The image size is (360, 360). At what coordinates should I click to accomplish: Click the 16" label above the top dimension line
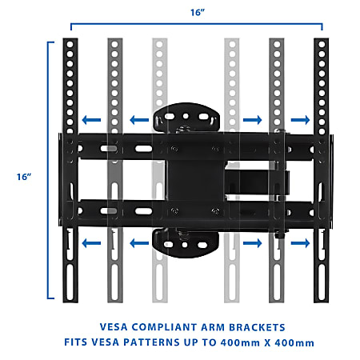[x=198, y=12]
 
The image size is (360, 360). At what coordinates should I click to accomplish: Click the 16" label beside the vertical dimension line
[x=24, y=177]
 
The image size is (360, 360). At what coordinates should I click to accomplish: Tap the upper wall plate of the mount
[x=186, y=117]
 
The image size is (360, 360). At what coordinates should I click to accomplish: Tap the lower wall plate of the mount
[x=186, y=244]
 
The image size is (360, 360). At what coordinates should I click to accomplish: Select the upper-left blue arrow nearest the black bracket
[x=91, y=120]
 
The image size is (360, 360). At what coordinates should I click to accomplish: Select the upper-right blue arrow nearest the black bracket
[x=300, y=120]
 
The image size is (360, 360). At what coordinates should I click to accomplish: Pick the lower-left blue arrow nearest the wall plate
[x=139, y=243]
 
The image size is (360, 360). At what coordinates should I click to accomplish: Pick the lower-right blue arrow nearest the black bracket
[x=300, y=243]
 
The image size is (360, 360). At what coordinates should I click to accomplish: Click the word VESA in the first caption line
[x=114, y=327]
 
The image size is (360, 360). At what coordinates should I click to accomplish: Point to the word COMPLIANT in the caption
[x=164, y=327]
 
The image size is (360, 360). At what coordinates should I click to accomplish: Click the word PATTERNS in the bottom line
[x=151, y=342]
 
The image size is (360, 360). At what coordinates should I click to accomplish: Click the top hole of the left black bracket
[x=70, y=44]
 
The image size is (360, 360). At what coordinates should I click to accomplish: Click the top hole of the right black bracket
[x=322, y=44]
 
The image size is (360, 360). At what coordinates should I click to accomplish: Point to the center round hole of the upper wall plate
[x=186, y=116]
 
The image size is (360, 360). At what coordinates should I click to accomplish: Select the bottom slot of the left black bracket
[x=70, y=282]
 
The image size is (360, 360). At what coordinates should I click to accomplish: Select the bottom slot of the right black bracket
[x=322, y=282]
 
